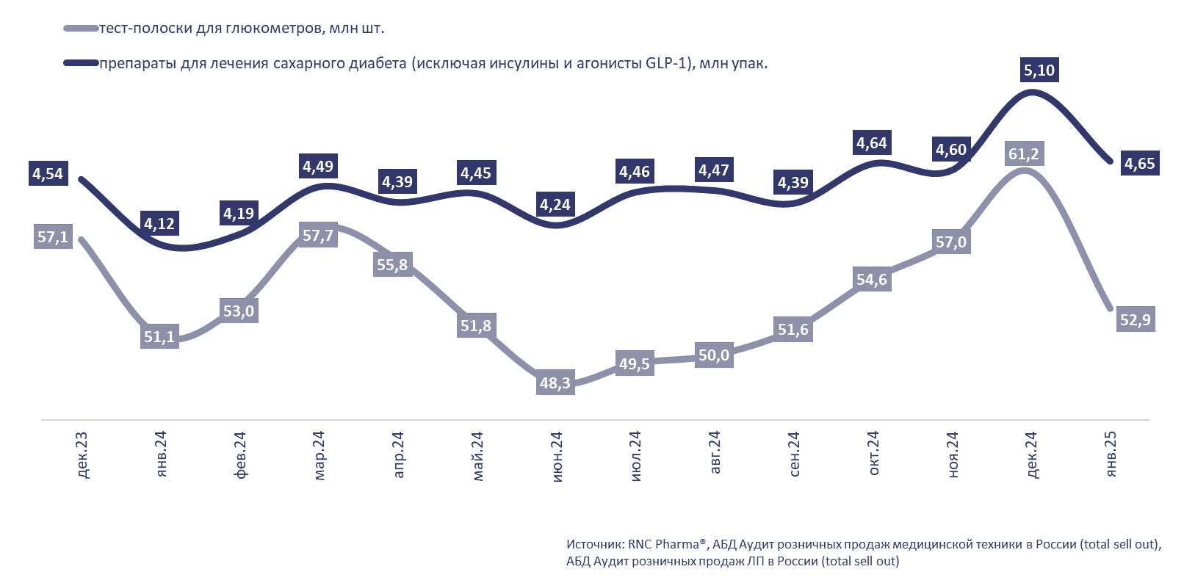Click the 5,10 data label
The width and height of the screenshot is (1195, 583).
(x=1039, y=70)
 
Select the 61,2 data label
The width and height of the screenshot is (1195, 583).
(x=1023, y=154)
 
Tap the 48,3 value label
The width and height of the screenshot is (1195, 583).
(x=555, y=383)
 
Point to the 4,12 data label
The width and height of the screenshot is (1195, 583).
(x=159, y=224)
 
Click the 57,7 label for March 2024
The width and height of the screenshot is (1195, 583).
(x=318, y=236)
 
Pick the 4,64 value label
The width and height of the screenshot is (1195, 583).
(x=872, y=143)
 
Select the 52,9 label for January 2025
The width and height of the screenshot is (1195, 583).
(x=1135, y=320)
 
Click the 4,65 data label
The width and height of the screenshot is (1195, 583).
(x=1139, y=164)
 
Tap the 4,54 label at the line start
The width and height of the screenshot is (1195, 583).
(x=48, y=174)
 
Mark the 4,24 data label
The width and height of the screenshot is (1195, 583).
(x=555, y=205)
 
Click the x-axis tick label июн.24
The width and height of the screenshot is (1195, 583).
(x=557, y=456)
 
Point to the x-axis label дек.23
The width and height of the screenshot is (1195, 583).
(x=82, y=455)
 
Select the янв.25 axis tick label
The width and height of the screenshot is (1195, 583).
(x=1111, y=455)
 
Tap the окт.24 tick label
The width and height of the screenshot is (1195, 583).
(x=873, y=453)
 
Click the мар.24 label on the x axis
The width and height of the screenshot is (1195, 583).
(x=319, y=456)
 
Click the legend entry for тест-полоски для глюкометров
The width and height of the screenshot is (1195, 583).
(x=241, y=29)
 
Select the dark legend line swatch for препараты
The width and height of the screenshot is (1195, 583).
(x=81, y=64)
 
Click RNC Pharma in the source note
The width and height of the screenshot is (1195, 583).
(x=663, y=545)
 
